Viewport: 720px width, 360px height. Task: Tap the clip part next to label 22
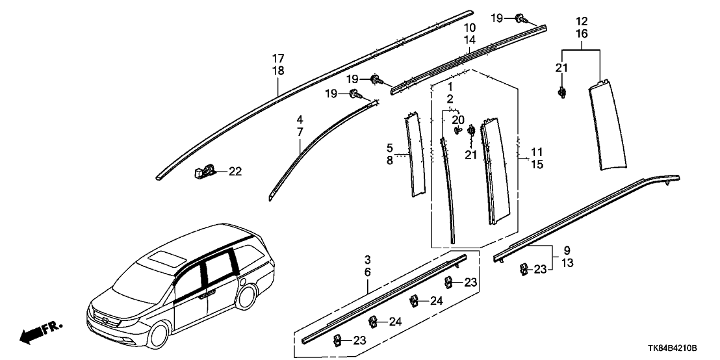(x=204, y=172)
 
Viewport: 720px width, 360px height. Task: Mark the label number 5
(x=390, y=149)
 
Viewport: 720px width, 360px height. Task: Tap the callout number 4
(x=300, y=120)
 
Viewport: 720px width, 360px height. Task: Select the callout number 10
(x=469, y=28)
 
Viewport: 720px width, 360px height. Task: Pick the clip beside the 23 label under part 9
(x=522, y=269)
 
